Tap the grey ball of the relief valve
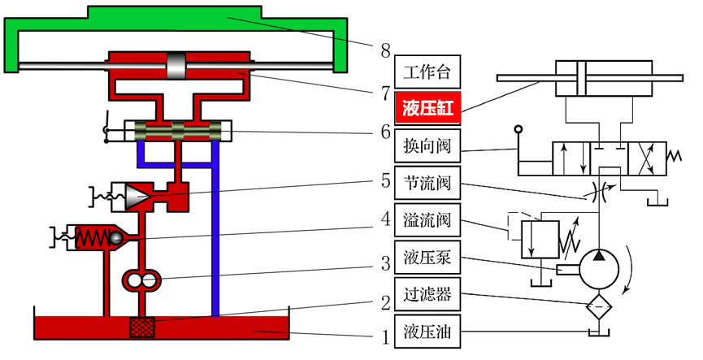[x=117, y=238]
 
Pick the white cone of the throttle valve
[x=137, y=195]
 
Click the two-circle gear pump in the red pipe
[x=143, y=281]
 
